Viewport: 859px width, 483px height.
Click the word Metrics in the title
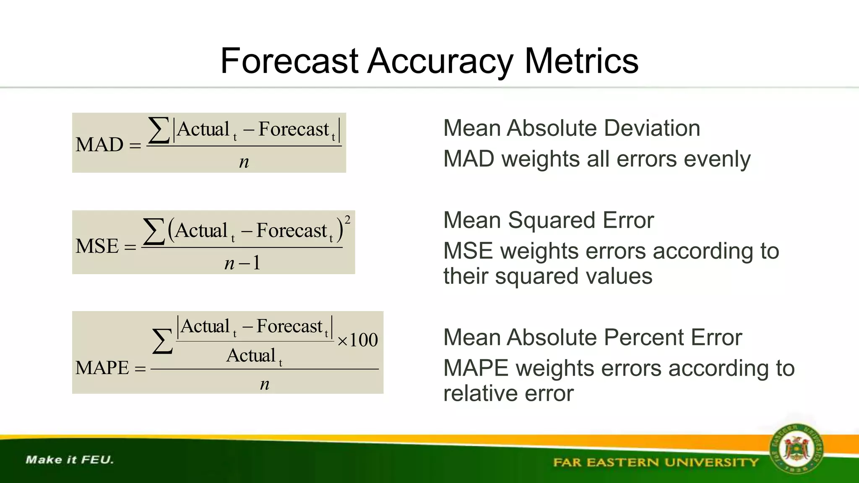click(581, 61)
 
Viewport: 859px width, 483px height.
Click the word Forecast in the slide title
click(289, 61)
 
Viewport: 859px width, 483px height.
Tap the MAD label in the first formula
click(99, 145)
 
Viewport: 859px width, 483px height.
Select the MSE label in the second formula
click(97, 246)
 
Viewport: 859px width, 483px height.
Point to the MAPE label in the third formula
click(102, 368)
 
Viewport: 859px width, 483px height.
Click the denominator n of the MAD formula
click(244, 162)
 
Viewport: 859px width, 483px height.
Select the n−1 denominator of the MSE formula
click(242, 263)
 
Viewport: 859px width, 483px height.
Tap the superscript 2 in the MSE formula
click(347, 220)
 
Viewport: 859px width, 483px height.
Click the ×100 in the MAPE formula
click(357, 340)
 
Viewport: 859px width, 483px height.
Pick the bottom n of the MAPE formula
click(264, 384)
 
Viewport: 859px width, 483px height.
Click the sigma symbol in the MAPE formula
click(162, 341)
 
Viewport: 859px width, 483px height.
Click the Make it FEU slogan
click(70, 460)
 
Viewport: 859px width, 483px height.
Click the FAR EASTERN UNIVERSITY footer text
click(656, 462)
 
